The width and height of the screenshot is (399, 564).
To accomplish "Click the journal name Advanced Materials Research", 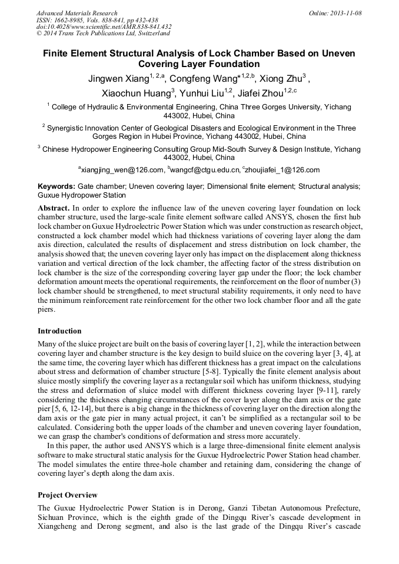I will click(77, 13).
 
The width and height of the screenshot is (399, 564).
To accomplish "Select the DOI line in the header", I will click(104, 26).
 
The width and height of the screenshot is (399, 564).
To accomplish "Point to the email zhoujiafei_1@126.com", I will click(284, 170).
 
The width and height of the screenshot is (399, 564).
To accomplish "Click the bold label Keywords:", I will click(56, 186).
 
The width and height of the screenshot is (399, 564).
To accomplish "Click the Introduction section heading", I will click(59, 331).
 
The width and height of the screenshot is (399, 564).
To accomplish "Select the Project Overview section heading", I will click(67, 495).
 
